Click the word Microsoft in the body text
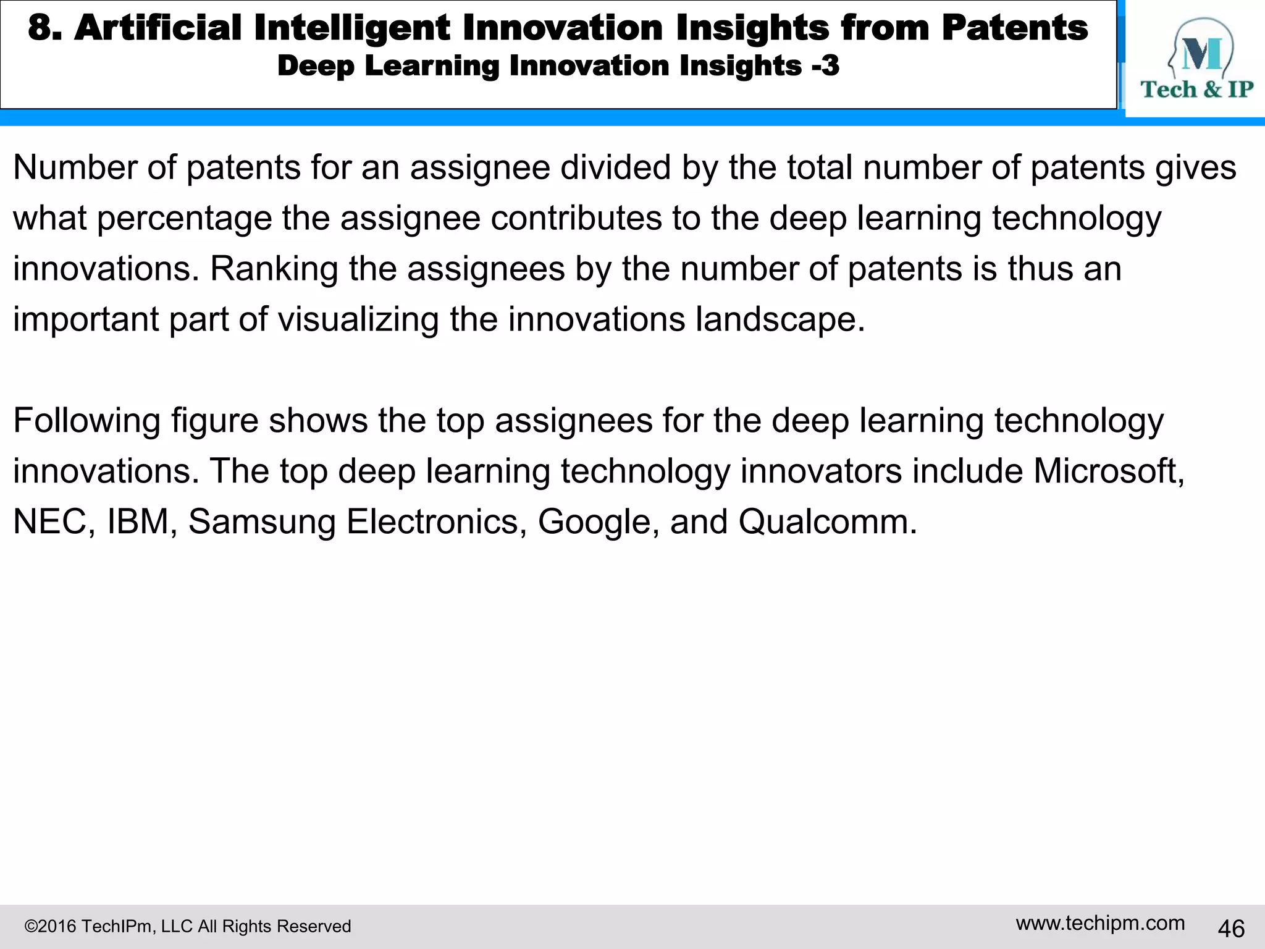pyautogui.click(x=1108, y=471)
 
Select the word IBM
pyautogui.click(x=138, y=521)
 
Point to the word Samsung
pyautogui.click(x=261, y=523)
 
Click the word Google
pyautogui.click(x=594, y=523)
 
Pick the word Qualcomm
pyautogui.click(x=826, y=521)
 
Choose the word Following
pyautogui.click(x=86, y=421)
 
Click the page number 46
pyautogui.click(x=1231, y=929)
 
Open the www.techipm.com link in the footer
pyautogui.click(x=1100, y=923)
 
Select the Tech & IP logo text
pyautogui.click(x=1196, y=90)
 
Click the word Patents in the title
pyautogui.click(x=1014, y=28)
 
